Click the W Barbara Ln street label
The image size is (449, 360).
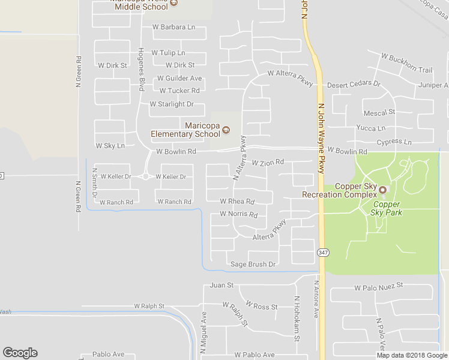pos(174,27)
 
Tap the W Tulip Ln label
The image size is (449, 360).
pos(168,53)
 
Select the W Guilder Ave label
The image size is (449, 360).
pos(179,79)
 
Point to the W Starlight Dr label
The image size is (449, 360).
pos(172,104)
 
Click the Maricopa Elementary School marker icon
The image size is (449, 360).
pos(226,129)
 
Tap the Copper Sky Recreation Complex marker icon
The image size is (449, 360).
pos(382,190)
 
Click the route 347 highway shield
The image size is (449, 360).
pos(323,253)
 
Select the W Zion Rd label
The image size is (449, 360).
pos(267,163)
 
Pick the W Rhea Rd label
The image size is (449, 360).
pos(237,202)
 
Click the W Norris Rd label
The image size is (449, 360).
pos(238,214)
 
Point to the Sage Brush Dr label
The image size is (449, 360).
pos(253,264)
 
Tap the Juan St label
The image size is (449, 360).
pos(221,286)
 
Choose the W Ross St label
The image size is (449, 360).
pos(261,307)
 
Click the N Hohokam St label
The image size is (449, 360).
pos(297,319)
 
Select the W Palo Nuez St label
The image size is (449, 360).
pos(378,288)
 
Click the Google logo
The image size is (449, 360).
pos(20,353)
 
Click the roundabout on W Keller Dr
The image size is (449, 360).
pos(145,176)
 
